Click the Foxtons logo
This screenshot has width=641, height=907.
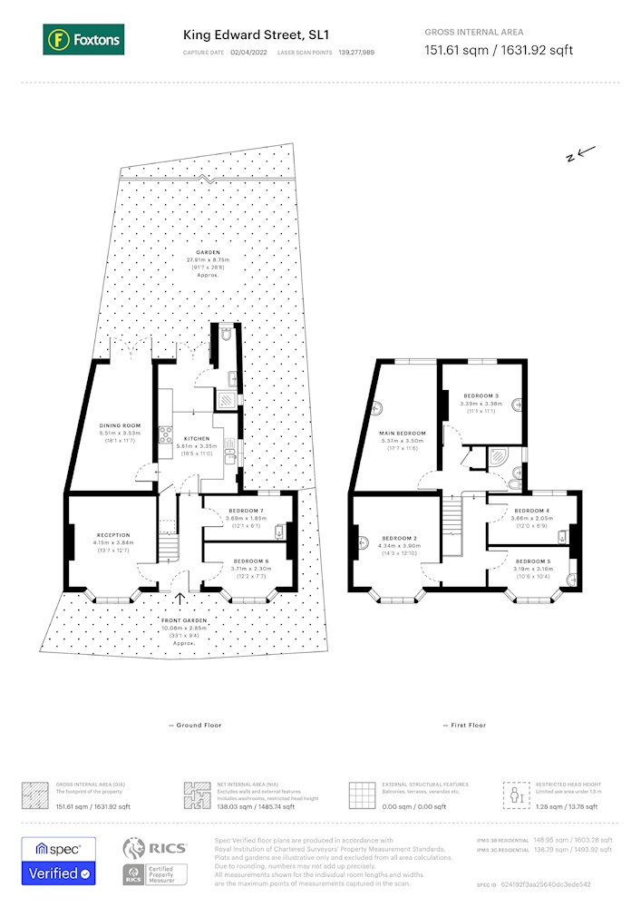click(x=83, y=39)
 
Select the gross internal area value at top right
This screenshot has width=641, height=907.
click(x=499, y=50)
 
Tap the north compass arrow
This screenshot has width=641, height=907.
click(x=579, y=154)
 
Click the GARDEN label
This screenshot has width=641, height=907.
click(x=210, y=253)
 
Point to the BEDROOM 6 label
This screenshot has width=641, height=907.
click(x=245, y=561)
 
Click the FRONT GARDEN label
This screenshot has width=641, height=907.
click(x=184, y=620)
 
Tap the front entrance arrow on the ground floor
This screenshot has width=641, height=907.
click(x=179, y=599)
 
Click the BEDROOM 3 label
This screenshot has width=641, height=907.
click(x=481, y=396)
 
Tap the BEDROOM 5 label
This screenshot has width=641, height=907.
click(x=533, y=561)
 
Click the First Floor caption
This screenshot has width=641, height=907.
click(x=464, y=726)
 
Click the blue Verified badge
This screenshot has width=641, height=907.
click(x=58, y=873)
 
